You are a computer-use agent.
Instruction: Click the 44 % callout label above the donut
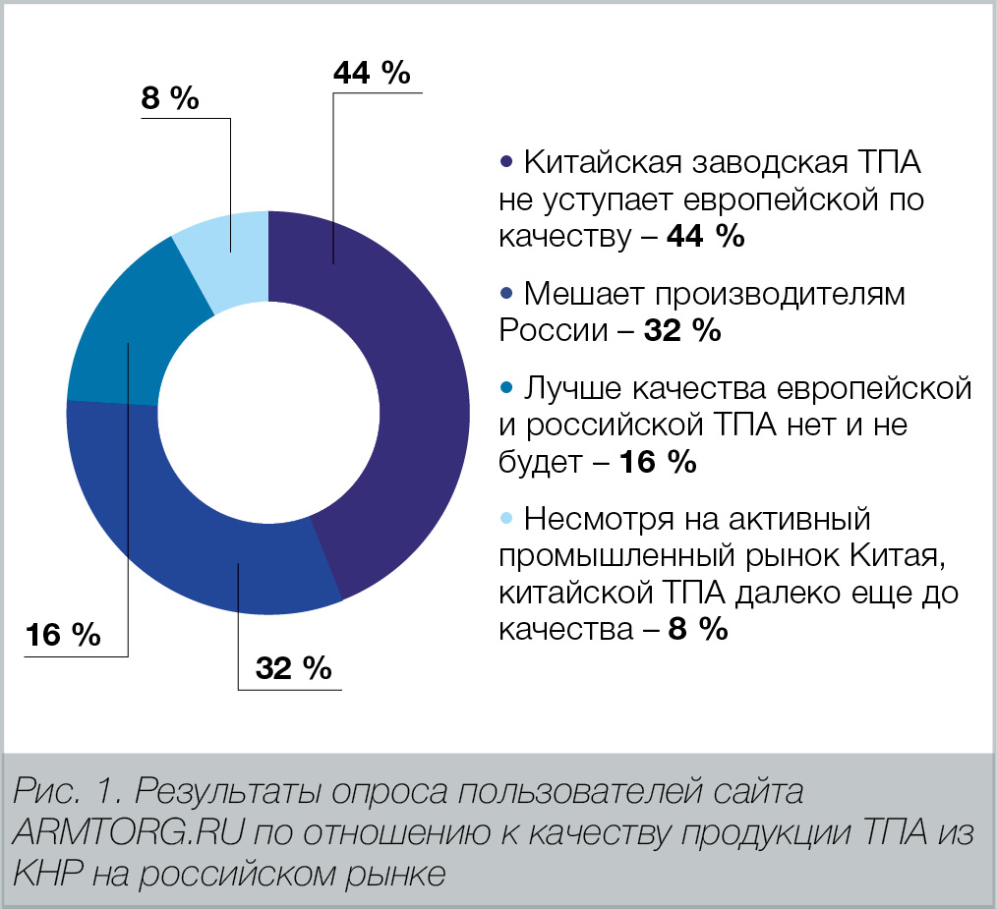[372, 74]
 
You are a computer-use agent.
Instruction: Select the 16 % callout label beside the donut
[63, 635]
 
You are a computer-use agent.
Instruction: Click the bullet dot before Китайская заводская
[507, 161]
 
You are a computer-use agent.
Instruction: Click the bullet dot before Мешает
[507, 294]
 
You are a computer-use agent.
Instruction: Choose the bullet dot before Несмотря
[507, 518]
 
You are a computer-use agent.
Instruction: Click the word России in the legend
[554, 331]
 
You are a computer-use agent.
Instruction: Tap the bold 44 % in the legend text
[705, 237]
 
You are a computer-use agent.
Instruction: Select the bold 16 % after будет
[657, 463]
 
